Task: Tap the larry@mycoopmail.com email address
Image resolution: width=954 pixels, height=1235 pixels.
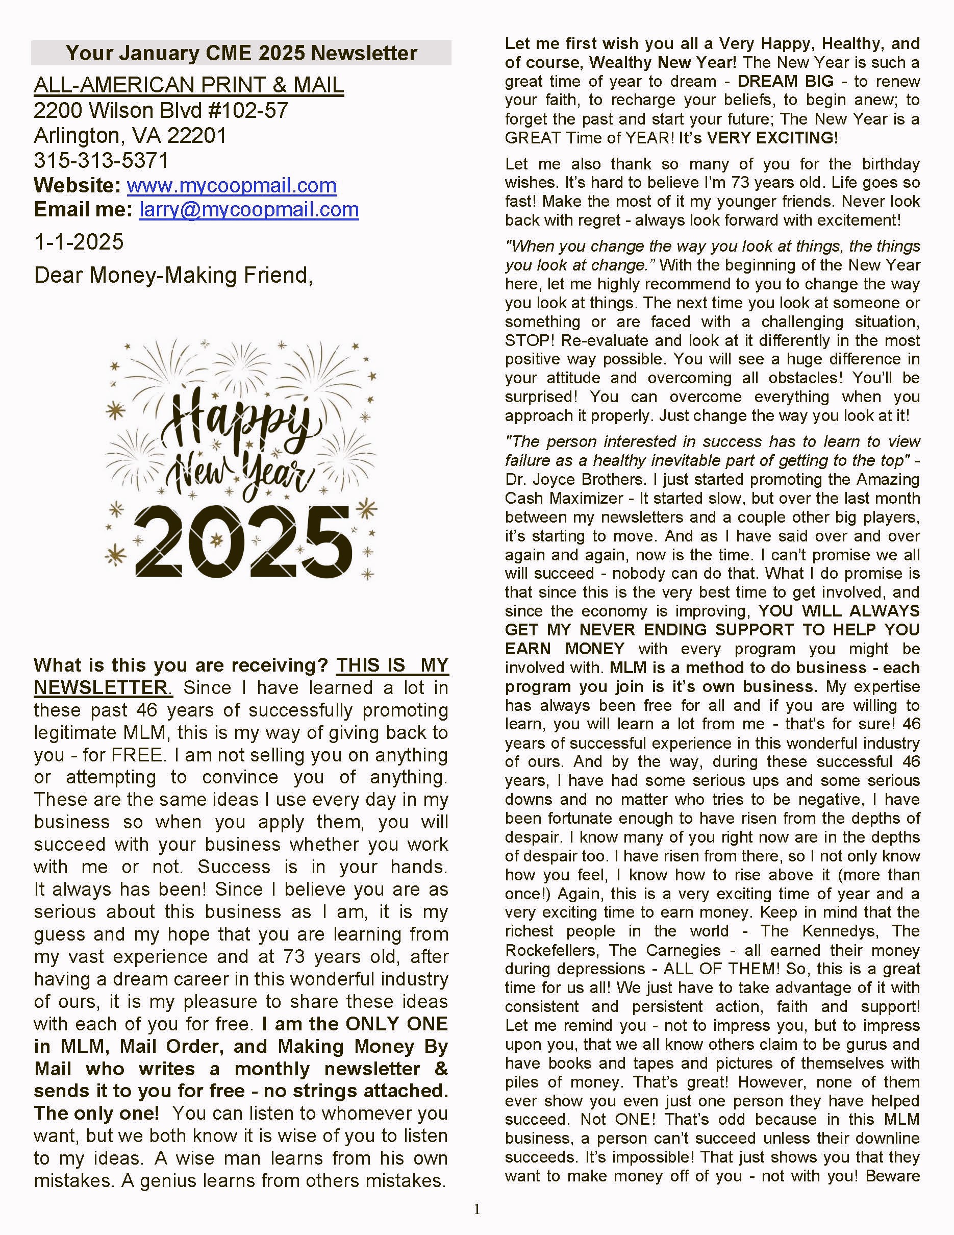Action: pyautogui.click(x=248, y=210)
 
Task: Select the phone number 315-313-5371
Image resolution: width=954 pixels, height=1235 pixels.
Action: pyautogui.click(x=101, y=161)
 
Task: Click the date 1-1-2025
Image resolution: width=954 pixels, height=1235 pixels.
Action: pyautogui.click(x=79, y=242)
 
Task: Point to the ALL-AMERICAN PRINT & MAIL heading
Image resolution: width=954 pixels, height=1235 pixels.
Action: pyautogui.click(x=189, y=85)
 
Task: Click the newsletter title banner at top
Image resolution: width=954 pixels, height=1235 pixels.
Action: pyautogui.click(x=241, y=53)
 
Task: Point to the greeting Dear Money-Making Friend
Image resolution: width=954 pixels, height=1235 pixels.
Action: pyautogui.click(x=173, y=276)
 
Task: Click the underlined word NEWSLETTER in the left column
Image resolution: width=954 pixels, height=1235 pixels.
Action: pyautogui.click(x=101, y=687)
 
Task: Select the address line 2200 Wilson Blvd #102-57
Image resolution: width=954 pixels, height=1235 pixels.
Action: pyautogui.click(x=161, y=110)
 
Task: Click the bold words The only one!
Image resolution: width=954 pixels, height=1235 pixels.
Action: pyautogui.click(x=96, y=1113)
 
